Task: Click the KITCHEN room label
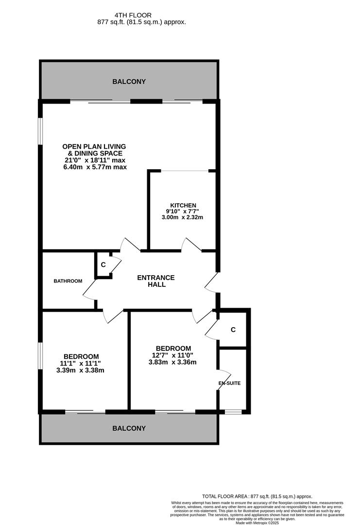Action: (x=183, y=206)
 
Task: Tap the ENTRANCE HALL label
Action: (x=155, y=281)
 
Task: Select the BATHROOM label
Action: (x=68, y=281)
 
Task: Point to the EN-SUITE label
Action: (x=229, y=383)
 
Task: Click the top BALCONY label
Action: (x=129, y=82)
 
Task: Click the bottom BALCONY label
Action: (x=129, y=428)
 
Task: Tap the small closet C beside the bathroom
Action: (x=103, y=265)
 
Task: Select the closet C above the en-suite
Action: (x=233, y=330)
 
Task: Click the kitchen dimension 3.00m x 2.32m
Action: (x=182, y=217)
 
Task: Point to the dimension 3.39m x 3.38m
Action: (x=80, y=370)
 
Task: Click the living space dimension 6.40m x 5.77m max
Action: (x=95, y=167)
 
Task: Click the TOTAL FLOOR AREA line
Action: (x=257, y=496)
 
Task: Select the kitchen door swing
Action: (x=191, y=244)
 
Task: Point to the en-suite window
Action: (x=233, y=412)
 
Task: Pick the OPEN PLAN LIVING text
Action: (x=94, y=146)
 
